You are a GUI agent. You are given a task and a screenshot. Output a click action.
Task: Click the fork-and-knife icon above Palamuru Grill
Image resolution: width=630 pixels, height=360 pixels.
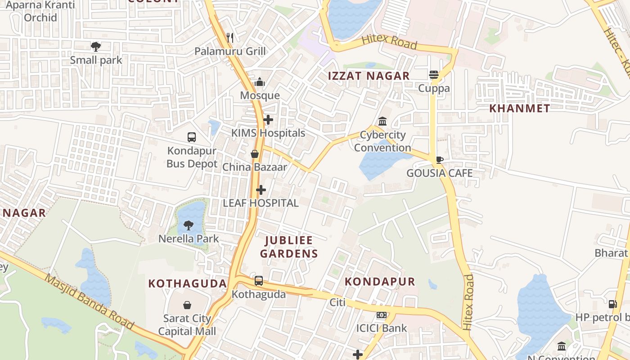pos(230,37)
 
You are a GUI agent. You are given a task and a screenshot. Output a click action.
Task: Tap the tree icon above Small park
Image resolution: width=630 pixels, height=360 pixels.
pos(95,46)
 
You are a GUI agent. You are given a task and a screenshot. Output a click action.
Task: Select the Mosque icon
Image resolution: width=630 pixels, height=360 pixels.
pos(260,82)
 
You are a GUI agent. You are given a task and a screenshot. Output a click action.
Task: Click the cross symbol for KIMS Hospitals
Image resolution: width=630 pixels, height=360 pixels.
pos(268,120)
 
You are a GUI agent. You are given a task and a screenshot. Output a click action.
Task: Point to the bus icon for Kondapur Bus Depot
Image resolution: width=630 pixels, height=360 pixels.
pos(192,137)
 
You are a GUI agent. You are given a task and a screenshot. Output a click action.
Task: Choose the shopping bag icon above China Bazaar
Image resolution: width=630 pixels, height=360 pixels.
pos(255,154)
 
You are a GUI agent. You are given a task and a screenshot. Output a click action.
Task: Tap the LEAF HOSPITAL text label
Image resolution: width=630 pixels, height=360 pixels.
pos(261,203)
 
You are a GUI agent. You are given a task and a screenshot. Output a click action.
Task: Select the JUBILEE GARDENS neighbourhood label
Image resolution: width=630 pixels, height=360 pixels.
pos(289,247)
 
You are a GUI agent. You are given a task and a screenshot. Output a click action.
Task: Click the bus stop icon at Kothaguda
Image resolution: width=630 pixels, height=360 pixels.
pos(259,281)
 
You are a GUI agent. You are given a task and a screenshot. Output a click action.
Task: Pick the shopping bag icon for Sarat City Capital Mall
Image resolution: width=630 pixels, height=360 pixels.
pos(187,305)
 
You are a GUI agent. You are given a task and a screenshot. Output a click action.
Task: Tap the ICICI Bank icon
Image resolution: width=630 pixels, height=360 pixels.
pos(382,315)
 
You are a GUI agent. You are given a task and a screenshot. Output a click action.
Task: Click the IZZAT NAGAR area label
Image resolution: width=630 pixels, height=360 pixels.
pos(369,76)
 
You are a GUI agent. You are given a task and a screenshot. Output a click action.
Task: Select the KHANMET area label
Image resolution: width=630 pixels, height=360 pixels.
pos(519,108)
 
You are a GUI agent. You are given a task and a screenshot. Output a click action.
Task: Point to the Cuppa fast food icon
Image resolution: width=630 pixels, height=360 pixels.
pos(434,75)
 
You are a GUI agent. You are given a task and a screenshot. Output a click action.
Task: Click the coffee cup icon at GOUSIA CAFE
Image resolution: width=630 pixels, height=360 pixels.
pos(440,160)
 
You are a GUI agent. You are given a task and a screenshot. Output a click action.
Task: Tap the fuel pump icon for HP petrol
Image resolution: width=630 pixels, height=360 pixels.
pos(612,304)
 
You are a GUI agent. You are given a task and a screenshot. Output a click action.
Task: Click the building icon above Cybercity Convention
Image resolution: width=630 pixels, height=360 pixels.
pos(382,121)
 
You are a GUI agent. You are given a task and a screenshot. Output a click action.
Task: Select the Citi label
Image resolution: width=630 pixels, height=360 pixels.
pos(337,302)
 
